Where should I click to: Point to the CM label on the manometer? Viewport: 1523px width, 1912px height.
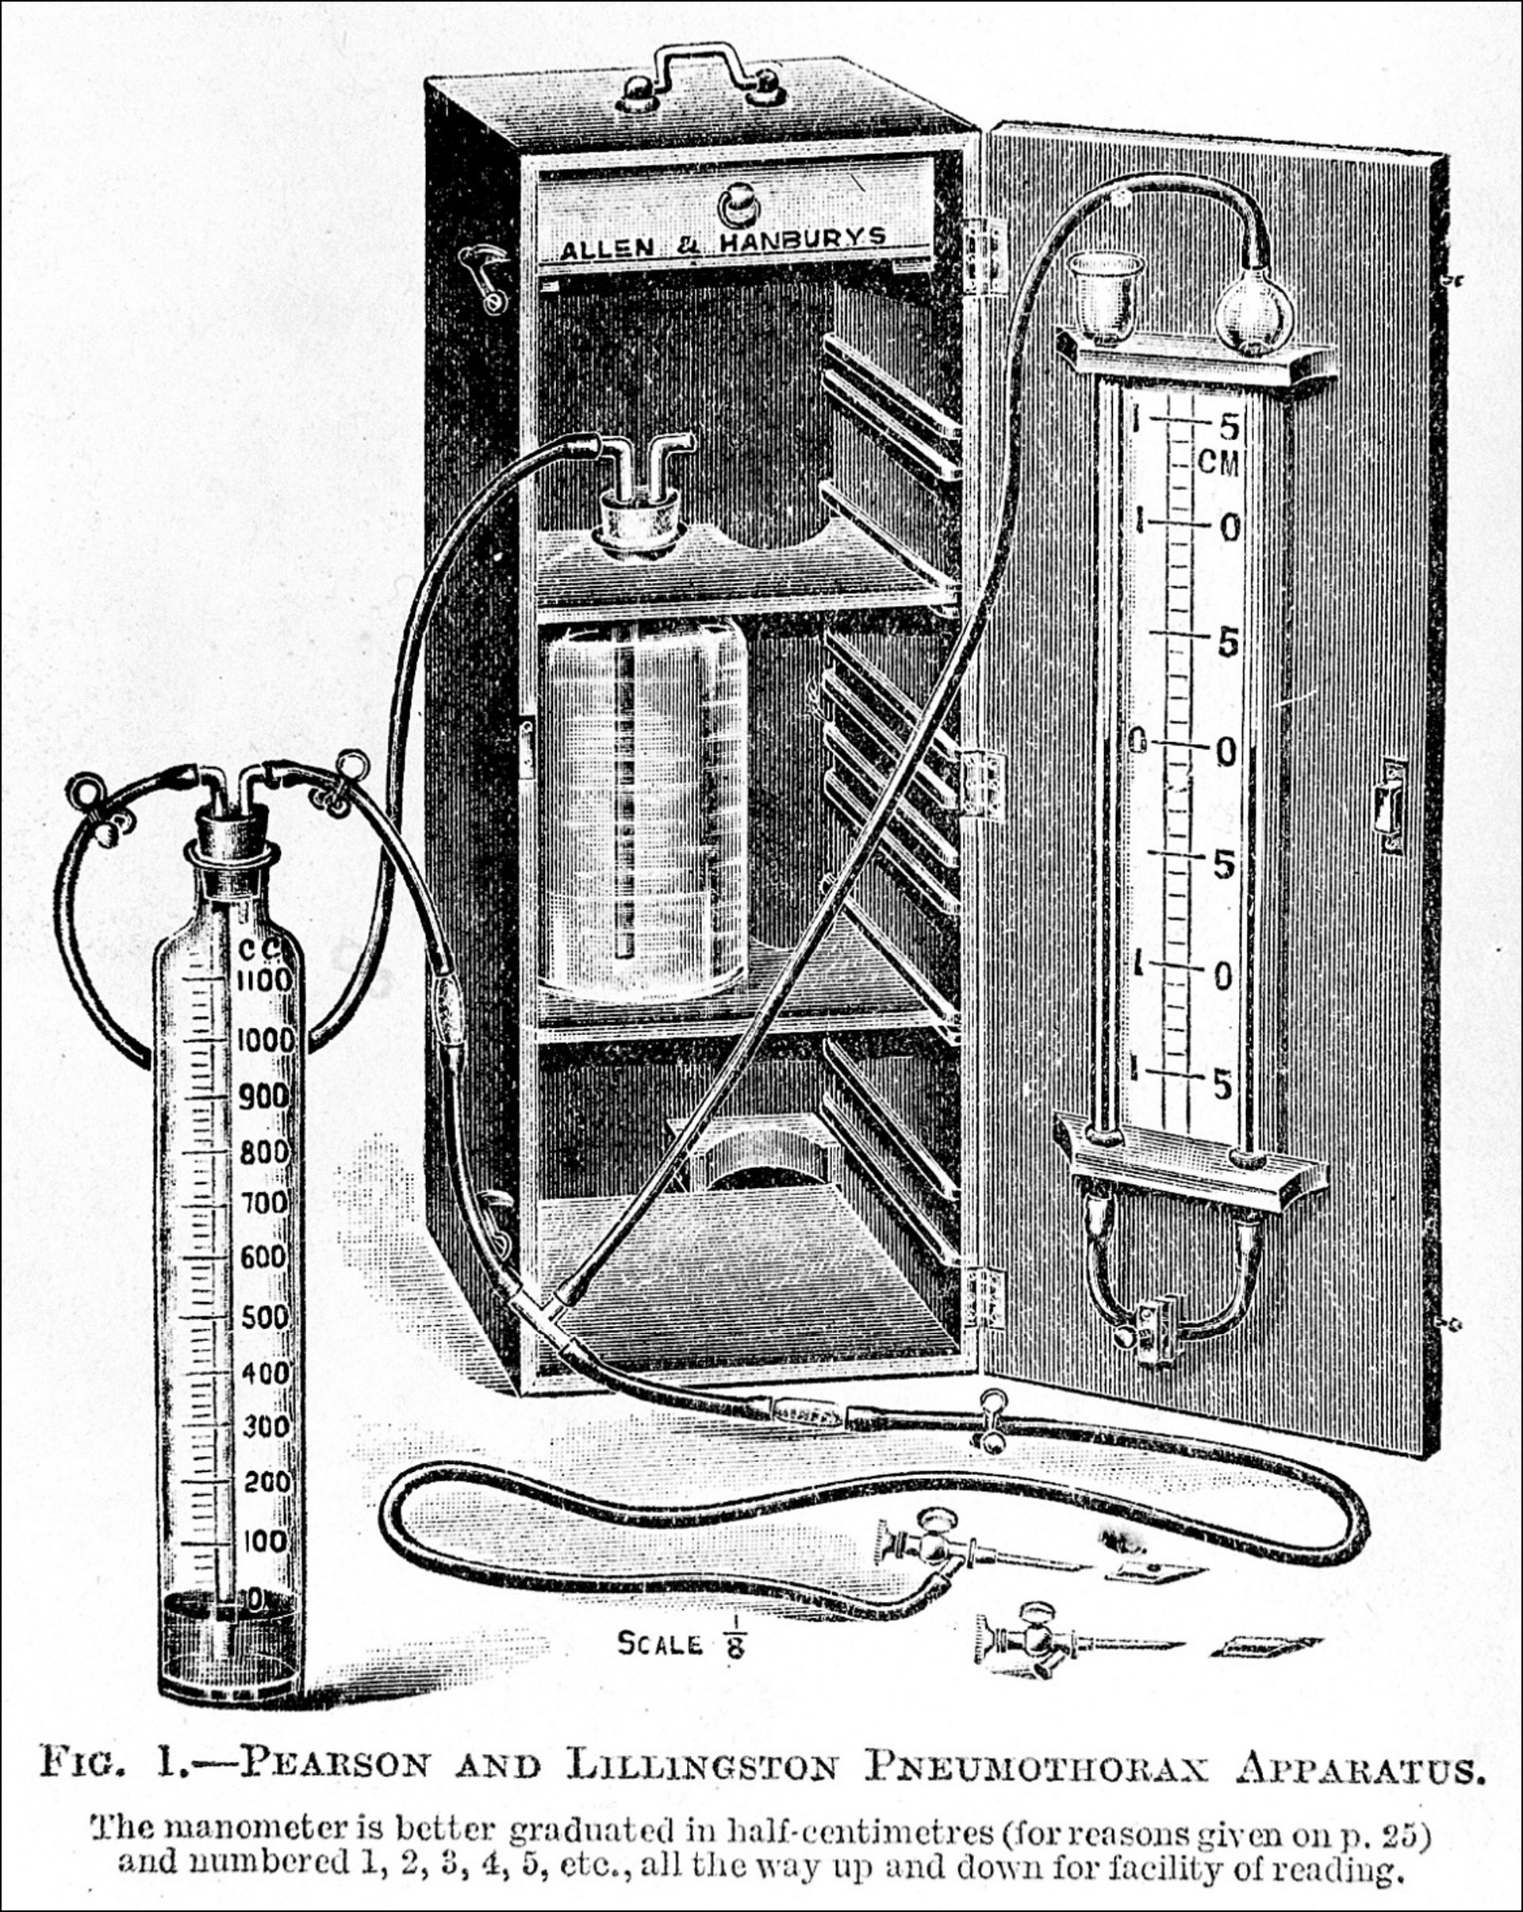(1217, 462)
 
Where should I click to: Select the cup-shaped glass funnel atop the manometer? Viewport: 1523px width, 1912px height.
(1104, 292)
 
